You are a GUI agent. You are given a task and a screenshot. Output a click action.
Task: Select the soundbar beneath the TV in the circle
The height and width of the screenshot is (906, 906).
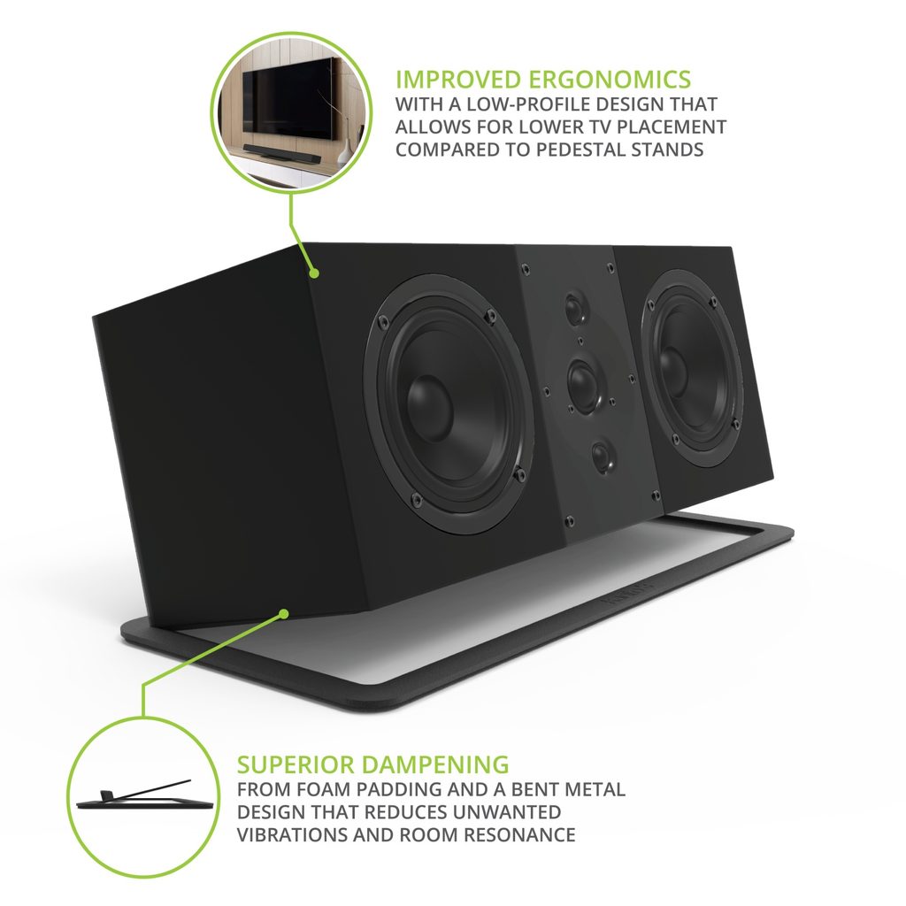[282, 154]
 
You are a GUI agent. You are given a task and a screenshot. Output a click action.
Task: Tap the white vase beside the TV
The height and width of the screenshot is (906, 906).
[344, 152]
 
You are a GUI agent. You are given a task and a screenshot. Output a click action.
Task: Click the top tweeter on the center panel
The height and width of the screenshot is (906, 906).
[575, 309]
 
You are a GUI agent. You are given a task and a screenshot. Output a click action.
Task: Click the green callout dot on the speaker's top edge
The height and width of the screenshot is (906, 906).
[314, 273]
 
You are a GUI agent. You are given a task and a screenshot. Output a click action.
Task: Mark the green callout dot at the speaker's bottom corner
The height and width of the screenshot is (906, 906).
[284, 614]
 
